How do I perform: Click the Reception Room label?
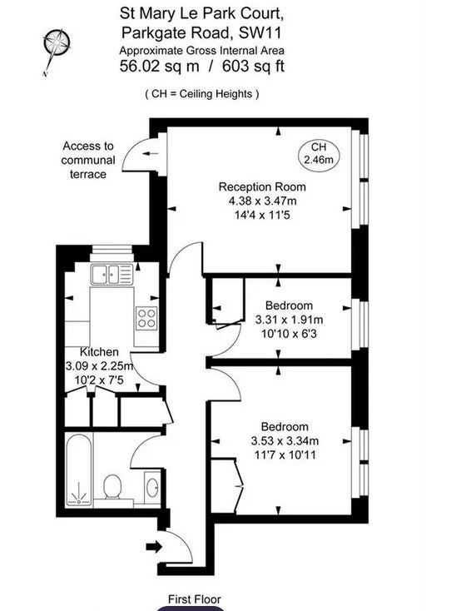coord(262,186)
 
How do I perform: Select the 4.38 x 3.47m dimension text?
coord(262,201)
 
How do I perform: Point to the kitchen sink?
coord(112,274)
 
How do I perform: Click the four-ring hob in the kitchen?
coord(146,318)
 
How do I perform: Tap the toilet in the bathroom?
coord(112,487)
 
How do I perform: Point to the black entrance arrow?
coord(154,546)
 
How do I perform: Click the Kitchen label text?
coord(99,352)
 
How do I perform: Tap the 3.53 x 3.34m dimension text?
coord(285,440)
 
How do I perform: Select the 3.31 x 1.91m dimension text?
coord(289,320)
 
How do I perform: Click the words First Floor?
coord(195,599)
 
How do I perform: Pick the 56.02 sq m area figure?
coord(159,66)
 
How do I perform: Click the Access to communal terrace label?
coord(88,160)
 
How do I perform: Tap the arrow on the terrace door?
coord(150,153)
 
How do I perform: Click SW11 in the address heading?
coord(260,32)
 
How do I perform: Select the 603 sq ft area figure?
coord(253,66)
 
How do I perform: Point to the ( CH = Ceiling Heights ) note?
coord(201,94)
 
